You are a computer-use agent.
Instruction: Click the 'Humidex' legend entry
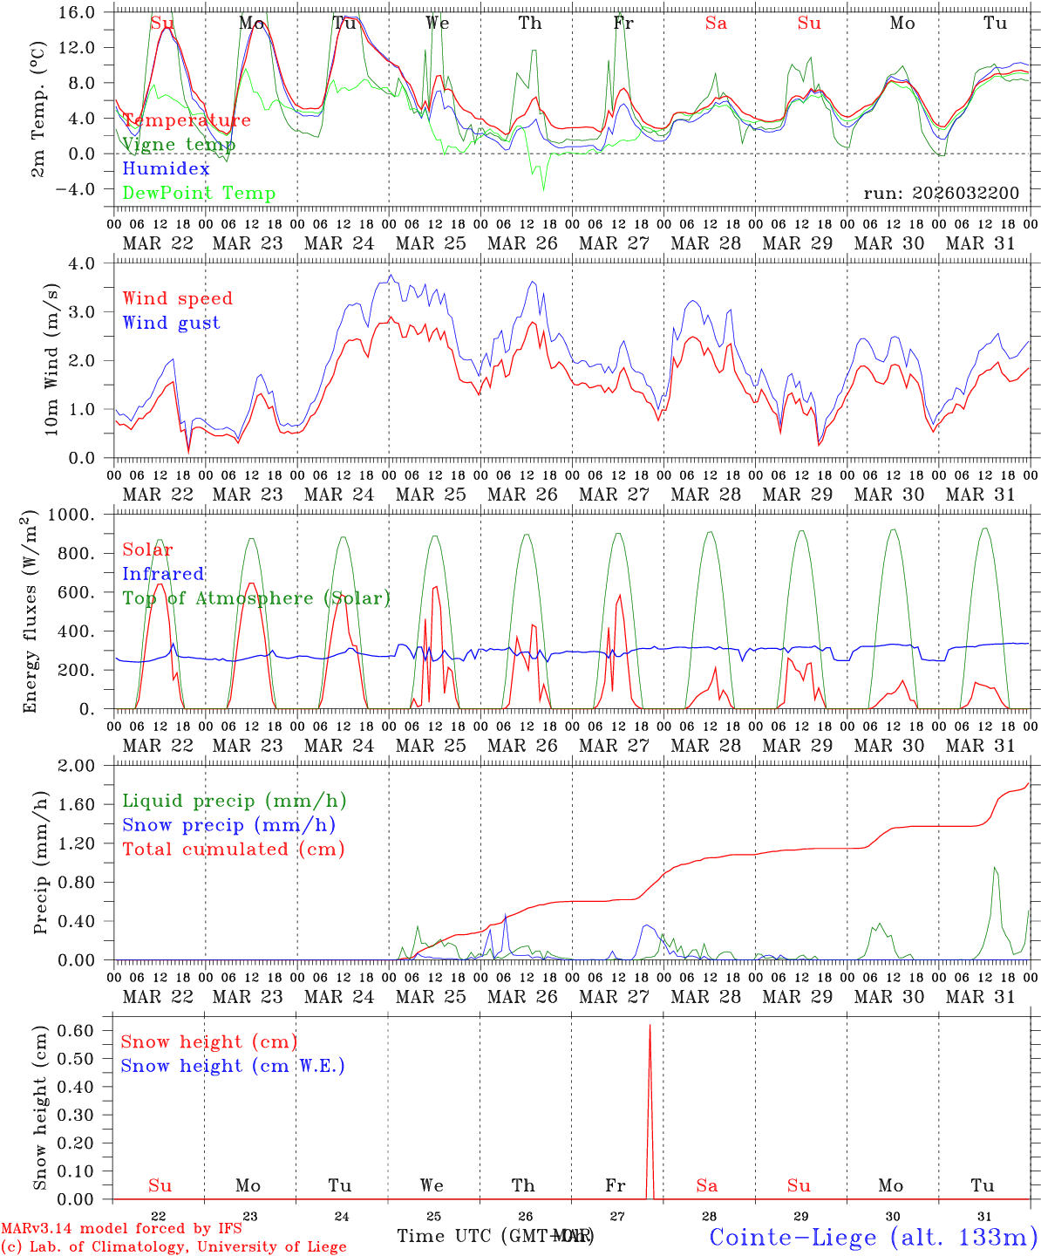pos(166,168)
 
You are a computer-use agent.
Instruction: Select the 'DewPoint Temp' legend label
pos(199,193)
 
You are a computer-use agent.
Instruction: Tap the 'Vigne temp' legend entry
pos(179,144)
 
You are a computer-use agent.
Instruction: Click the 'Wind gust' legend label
pos(171,323)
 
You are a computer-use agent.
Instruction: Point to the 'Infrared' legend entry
pos(163,574)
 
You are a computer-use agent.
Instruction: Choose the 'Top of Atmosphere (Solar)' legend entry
pos(255,598)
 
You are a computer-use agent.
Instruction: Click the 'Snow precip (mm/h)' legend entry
pos(228,825)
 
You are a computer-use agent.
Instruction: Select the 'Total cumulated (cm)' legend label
pos(233,849)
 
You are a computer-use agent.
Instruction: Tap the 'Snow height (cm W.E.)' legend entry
pos(232,1066)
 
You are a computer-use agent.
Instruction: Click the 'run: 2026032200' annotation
pos(941,193)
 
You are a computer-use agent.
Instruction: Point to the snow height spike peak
pos(650,1027)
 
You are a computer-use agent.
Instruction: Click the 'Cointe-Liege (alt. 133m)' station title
pos(873,1237)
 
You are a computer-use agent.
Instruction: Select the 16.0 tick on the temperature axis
pos(81,12)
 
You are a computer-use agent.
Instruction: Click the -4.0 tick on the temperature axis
pos(81,189)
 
